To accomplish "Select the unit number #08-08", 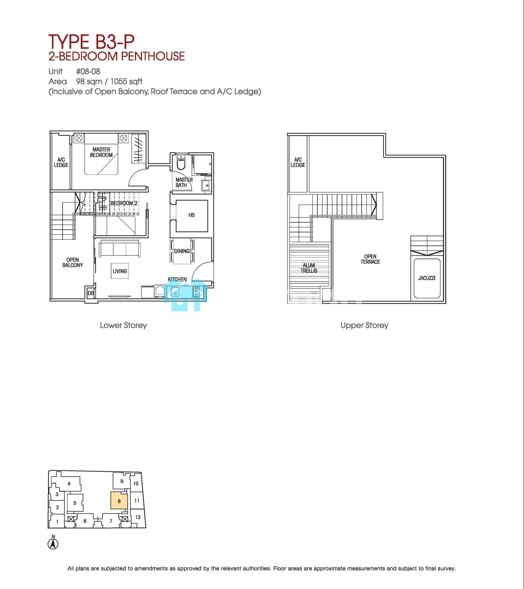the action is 88,72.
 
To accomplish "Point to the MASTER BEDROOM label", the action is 101,152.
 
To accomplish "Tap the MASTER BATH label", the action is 184,182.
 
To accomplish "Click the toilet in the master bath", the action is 181,163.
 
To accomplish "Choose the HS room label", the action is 192,215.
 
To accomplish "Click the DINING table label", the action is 182,251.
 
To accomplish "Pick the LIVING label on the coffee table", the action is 120,271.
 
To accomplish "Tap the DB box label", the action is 91,293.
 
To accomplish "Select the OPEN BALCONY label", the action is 72,262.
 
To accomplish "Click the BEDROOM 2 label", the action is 124,203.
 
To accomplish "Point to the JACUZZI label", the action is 426,278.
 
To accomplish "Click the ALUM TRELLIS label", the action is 309,268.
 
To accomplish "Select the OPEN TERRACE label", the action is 370,259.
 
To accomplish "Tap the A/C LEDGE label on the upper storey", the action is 298,162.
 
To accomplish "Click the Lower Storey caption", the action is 123,325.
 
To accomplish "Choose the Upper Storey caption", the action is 364,325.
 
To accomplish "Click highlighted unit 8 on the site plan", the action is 119,501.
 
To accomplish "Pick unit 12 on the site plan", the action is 138,517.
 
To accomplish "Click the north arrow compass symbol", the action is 53,544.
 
